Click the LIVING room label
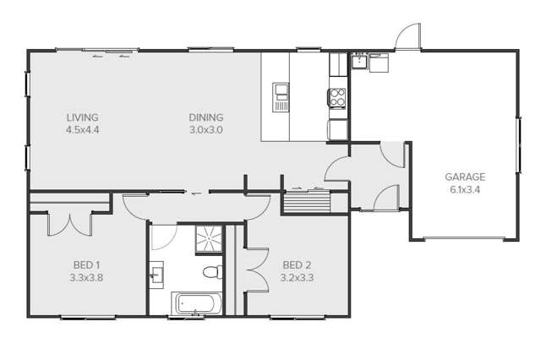83,117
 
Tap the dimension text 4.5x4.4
83,130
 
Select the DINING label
205,117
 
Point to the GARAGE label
465,177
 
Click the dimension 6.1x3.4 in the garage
465,189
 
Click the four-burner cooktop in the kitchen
337,98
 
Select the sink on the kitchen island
281,96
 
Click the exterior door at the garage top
407,35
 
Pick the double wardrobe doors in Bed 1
69,221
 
